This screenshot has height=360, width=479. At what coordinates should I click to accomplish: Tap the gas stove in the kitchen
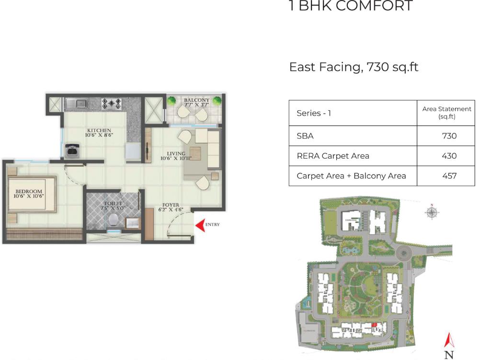[111, 103]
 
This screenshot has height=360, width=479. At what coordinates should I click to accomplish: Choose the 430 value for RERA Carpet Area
[449, 156]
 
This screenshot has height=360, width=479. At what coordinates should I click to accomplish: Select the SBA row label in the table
[305, 136]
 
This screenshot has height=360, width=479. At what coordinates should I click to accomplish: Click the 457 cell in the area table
[449, 176]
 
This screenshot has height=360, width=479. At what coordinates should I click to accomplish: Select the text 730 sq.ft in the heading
[392, 67]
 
